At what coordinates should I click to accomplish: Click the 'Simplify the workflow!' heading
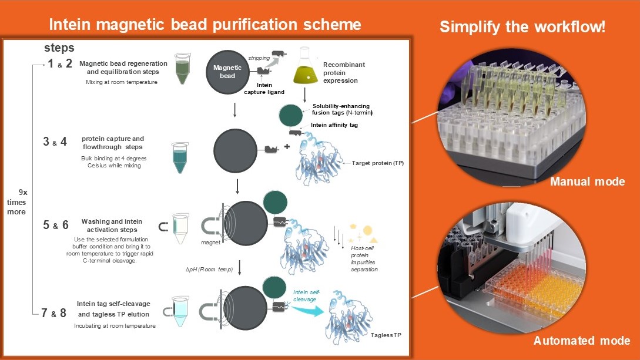[x=522, y=27]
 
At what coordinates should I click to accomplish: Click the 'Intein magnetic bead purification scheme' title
[x=205, y=25]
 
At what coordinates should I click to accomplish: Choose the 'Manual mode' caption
[x=587, y=181]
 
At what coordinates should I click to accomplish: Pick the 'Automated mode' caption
[x=581, y=341]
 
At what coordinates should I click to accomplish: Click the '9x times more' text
[x=21, y=201]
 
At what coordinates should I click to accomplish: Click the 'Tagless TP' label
[x=387, y=334]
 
